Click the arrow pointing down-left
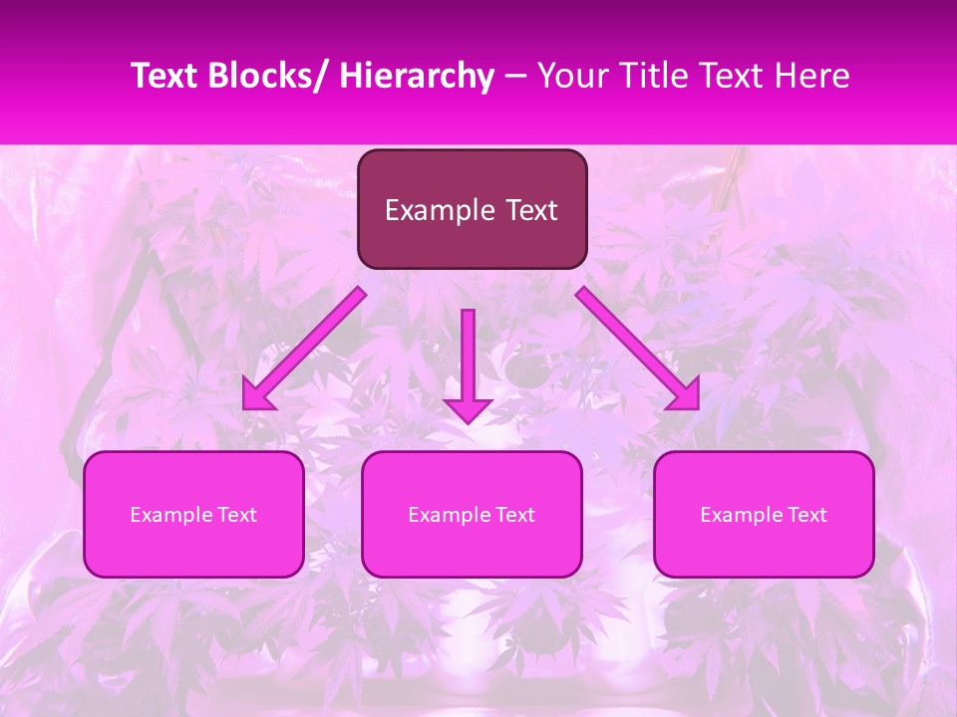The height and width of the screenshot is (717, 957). click(x=304, y=349)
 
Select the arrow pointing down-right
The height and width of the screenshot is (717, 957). click(x=638, y=349)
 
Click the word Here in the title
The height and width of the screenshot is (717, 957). click(x=812, y=76)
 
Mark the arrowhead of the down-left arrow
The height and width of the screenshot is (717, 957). click(x=257, y=396)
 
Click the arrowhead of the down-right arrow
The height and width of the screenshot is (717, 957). click(x=685, y=396)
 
